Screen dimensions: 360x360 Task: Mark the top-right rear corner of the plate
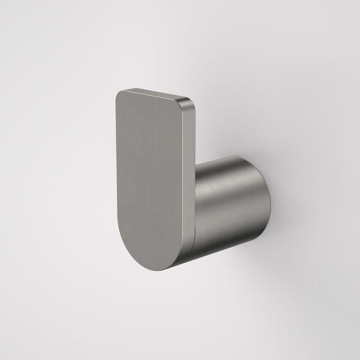click(x=194, y=103)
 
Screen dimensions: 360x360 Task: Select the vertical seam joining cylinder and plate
click(x=196, y=198)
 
